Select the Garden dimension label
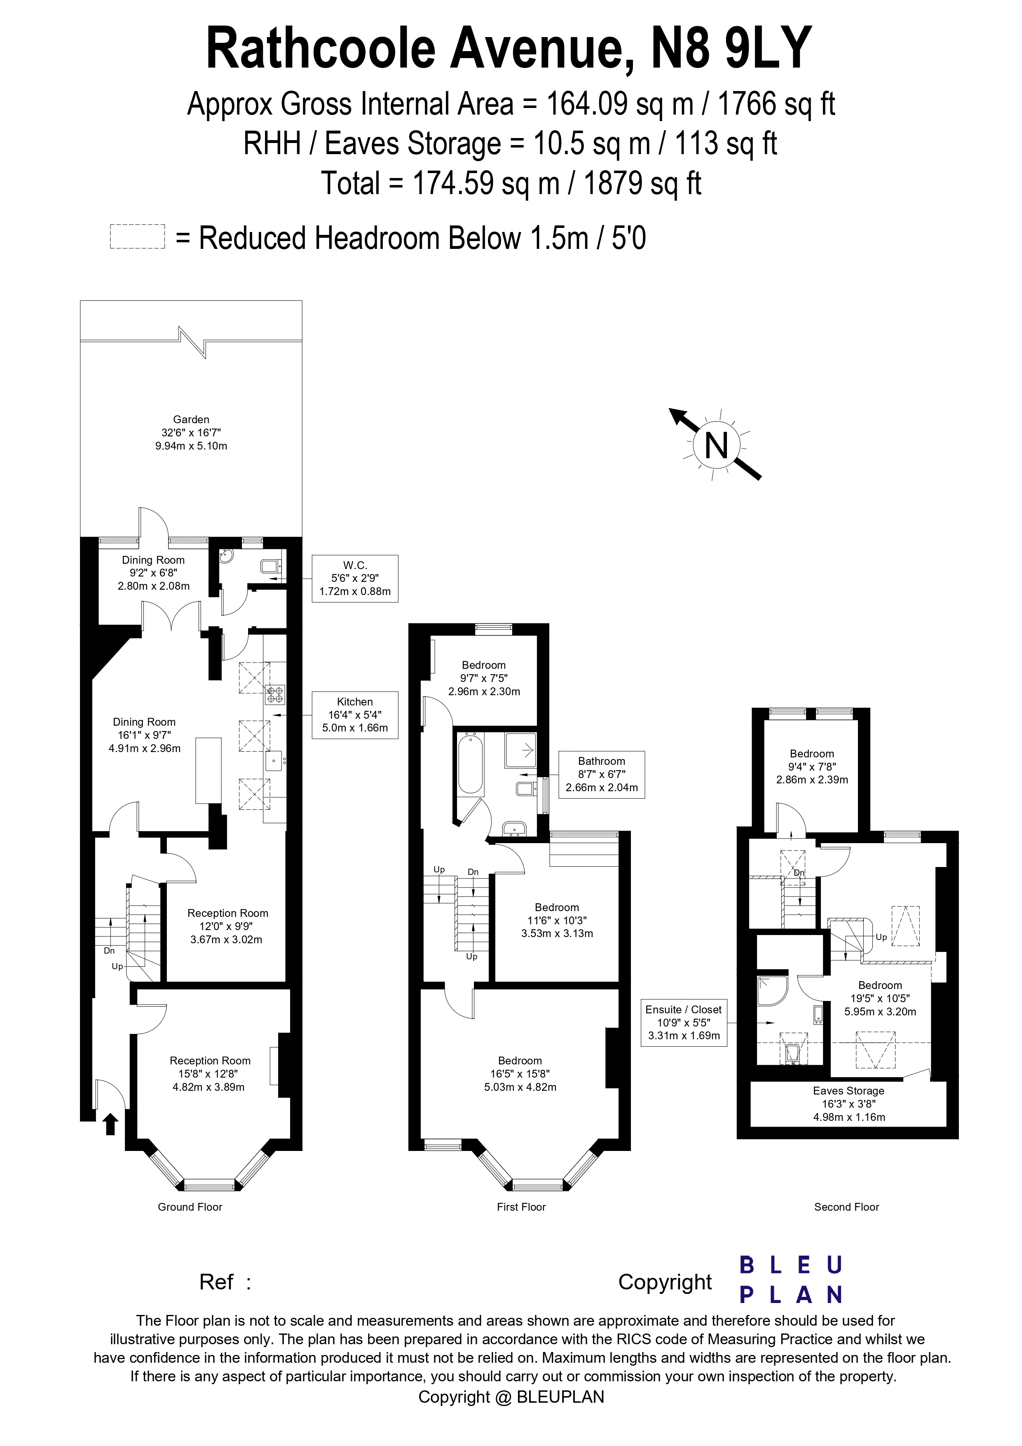pyautogui.click(x=191, y=433)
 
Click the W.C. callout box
pyautogui.click(x=355, y=578)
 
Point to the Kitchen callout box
pyautogui.click(x=355, y=714)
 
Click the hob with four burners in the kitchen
pyautogui.click(x=275, y=694)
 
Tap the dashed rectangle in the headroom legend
pyautogui.click(x=137, y=237)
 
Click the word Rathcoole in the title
pyautogui.click(x=321, y=49)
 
